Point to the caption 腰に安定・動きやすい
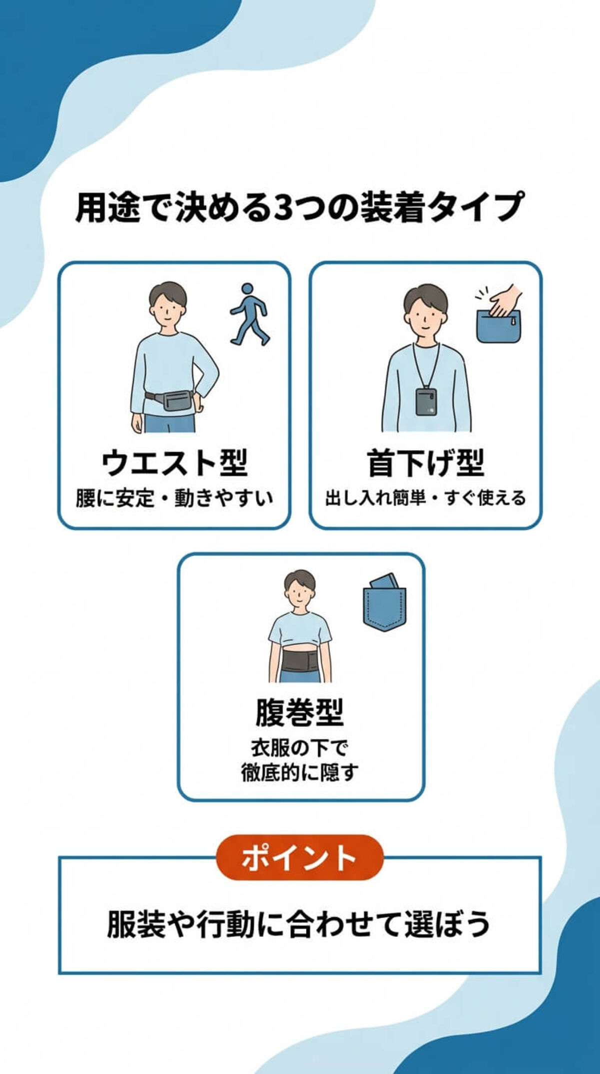click(x=174, y=498)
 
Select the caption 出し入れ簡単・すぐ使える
click(x=425, y=498)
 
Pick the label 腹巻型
click(x=299, y=712)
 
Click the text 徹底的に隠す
click(x=299, y=772)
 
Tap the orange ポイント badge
click(x=299, y=857)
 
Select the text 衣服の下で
click(x=299, y=748)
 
